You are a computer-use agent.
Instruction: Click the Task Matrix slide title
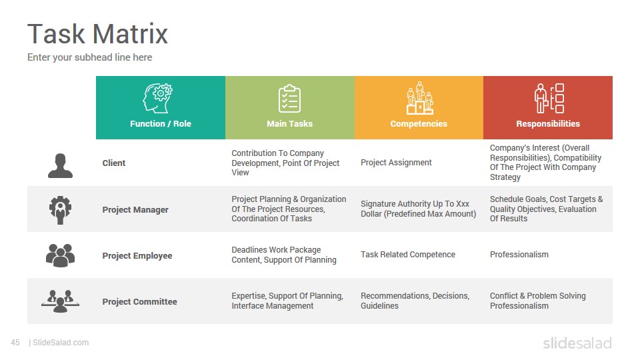97,33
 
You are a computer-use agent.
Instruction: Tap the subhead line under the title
90,57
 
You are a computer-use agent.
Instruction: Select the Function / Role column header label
161,124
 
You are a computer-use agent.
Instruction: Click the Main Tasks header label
289,124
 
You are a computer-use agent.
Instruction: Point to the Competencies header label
419,124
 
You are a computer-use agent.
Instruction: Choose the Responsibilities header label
548,124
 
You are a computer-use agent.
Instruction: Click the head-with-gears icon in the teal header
157,99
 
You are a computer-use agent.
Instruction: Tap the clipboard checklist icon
289,99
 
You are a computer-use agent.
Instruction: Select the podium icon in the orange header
419,98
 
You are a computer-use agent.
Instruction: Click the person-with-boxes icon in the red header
549,99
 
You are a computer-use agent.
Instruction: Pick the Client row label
114,163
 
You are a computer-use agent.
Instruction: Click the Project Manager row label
135,210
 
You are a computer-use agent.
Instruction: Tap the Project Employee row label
137,256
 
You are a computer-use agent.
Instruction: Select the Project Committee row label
139,301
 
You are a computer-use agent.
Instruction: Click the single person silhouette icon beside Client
61,166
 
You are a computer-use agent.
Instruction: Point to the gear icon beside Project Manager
61,210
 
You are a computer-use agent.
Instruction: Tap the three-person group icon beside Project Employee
61,255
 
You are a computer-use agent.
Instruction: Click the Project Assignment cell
396,163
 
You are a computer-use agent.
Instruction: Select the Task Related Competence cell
408,255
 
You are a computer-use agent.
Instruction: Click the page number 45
15,343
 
